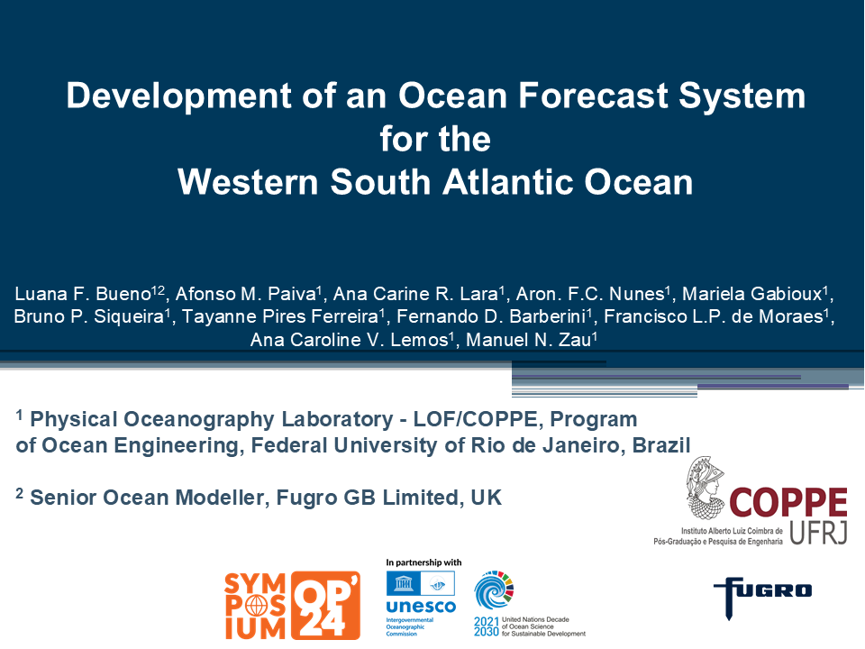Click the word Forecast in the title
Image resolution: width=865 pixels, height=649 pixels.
coord(593,96)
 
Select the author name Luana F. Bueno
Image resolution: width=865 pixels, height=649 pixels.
coord(83,294)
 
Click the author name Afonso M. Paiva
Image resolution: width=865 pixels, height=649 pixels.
coord(245,294)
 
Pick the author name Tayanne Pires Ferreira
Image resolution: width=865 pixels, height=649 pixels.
coord(280,316)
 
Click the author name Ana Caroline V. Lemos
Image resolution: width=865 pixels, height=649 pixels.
coord(350,340)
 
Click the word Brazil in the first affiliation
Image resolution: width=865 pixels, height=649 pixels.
coord(660,445)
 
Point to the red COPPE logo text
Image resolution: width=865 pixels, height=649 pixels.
coord(788,502)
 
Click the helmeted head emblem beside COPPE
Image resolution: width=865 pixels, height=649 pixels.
coord(706,488)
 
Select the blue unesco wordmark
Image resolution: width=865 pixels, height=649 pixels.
coord(421,607)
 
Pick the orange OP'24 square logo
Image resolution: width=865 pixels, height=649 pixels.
coord(325,606)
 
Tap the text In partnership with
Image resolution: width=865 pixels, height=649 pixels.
coord(423,562)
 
